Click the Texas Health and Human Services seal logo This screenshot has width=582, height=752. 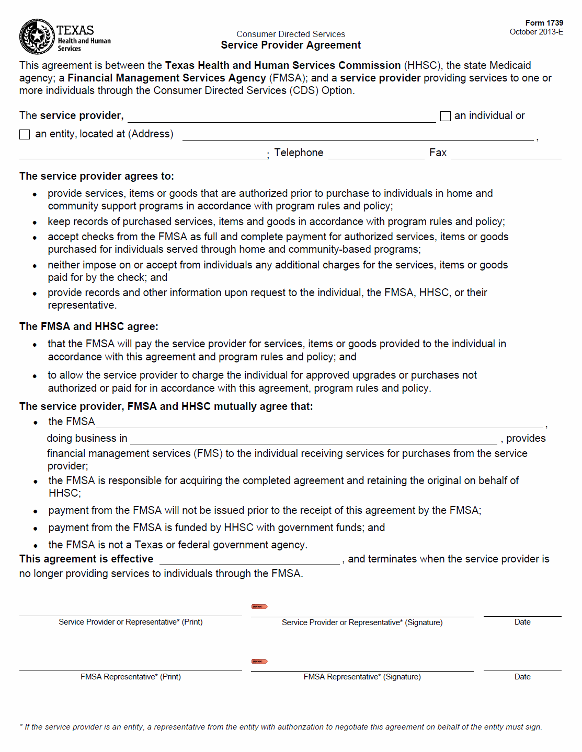(x=37, y=37)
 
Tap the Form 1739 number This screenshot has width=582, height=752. (x=544, y=23)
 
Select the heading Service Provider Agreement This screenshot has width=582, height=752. (x=291, y=45)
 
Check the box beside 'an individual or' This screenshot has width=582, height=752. (x=446, y=116)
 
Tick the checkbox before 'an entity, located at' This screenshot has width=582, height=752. (x=25, y=135)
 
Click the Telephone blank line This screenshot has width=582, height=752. (x=376, y=154)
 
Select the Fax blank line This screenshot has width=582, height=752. (x=506, y=154)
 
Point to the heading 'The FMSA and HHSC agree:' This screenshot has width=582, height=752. (x=89, y=326)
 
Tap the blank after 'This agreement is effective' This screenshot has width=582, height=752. (x=249, y=560)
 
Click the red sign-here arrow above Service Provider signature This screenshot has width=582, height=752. (x=260, y=606)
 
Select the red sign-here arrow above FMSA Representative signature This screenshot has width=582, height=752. (x=260, y=661)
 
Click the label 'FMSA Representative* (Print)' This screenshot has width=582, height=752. (x=131, y=677)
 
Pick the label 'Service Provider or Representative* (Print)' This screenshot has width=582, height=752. (x=131, y=622)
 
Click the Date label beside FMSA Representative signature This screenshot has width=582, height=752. (x=522, y=677)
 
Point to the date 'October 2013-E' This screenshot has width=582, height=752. (x=536, y=32)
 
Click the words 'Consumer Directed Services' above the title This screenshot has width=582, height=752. (x=291, y=34)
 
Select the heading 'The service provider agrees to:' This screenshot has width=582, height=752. (x=97, y=177)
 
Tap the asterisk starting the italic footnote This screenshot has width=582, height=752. (x=21, y=726)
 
